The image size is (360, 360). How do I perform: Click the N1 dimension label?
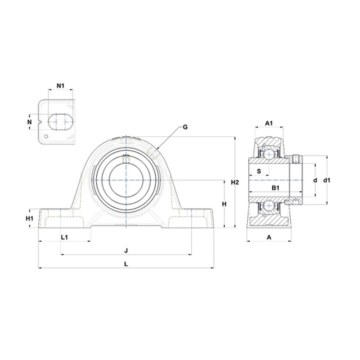click(61, 85)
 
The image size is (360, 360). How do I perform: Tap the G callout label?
click(184, 127)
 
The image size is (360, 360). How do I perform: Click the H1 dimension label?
click(30, 218)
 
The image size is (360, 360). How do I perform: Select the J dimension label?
click(126, 251)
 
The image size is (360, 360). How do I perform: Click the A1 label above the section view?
click(269, 123)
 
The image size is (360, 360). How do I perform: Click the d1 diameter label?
click(327, 180)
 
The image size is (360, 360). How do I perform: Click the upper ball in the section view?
click(269, 154)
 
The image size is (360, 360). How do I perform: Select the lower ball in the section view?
click(269, 206)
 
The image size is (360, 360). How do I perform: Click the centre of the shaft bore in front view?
click(126, 180)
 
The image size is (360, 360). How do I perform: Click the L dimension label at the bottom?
click(126, 264)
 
